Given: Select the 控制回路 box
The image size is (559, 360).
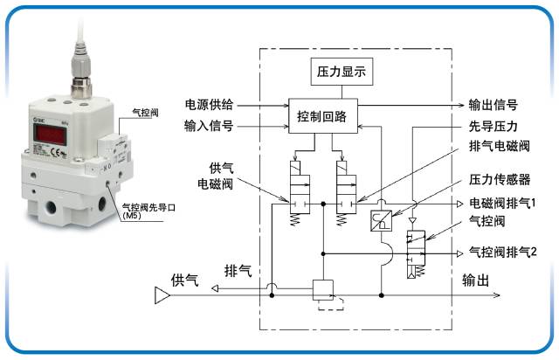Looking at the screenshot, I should tap(321, 116).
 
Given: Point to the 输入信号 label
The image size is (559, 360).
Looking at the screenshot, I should tap(208, 126).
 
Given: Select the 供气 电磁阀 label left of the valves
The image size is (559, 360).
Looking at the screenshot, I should tap(214, 177).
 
